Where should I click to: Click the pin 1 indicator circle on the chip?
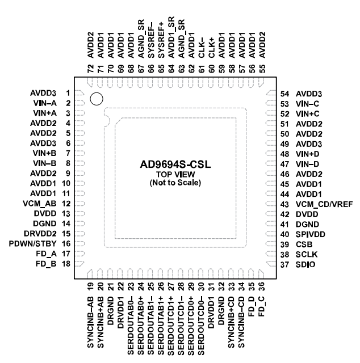point(96,99)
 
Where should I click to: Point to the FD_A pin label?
point(45,254)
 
